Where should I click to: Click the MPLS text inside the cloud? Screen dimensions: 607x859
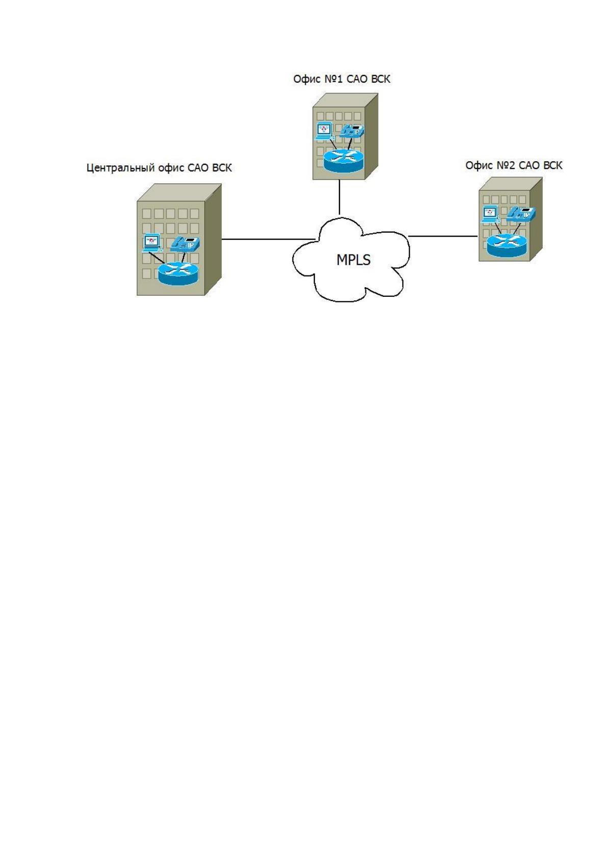tap(353, 260)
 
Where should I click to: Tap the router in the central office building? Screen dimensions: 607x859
tap(178, 273)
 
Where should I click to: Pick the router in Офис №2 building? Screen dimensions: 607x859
tap(507, 245)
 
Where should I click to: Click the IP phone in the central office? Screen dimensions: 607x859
tap(185, 244)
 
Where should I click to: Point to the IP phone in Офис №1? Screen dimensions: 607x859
tap(352, 131)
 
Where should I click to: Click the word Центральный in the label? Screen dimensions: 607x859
tap(121, 168)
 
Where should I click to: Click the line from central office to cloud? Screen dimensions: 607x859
tap(268, 239)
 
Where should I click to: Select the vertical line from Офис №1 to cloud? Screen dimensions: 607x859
tap(339, 197)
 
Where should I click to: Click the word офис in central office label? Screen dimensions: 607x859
tap(171, 168)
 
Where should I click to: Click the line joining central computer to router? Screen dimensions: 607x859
tap(157, 257)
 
